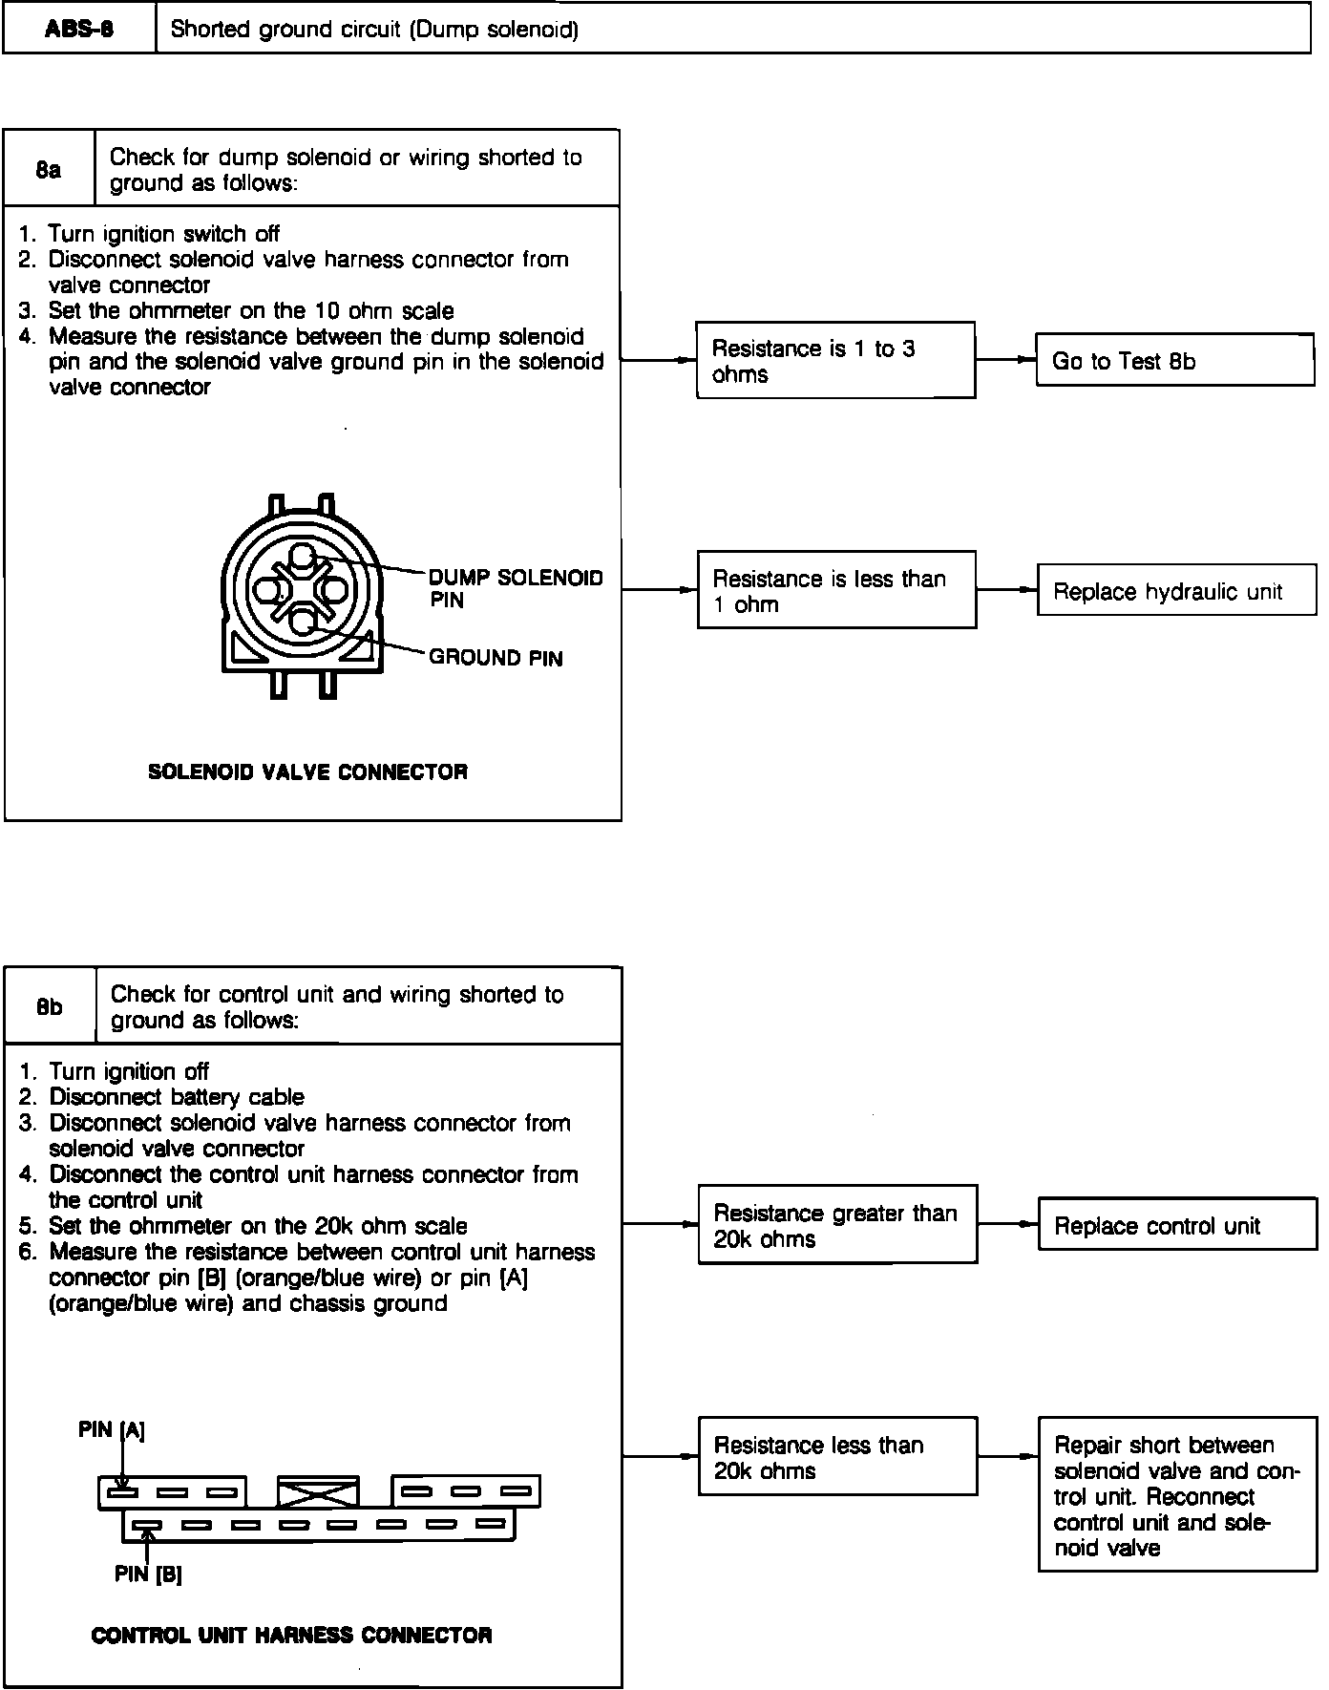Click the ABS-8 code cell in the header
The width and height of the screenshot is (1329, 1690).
79,29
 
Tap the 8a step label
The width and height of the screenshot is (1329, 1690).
49,170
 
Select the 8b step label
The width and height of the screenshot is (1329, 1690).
50,1007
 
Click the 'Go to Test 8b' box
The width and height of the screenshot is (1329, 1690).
1174,361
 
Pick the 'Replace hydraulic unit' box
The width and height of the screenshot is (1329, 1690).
1175,591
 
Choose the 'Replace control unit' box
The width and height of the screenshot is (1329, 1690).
1176,1226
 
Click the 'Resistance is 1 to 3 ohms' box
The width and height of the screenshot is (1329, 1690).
835,361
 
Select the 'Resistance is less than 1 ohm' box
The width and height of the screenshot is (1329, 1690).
836,590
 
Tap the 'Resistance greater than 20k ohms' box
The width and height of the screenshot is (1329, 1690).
837,1226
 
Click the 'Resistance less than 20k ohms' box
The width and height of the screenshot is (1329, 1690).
837,1457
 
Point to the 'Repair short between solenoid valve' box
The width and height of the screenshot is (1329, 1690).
1176,1495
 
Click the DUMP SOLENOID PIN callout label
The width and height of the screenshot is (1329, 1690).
516,588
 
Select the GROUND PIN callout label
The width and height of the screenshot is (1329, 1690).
496,658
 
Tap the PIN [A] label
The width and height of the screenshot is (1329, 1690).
112,1429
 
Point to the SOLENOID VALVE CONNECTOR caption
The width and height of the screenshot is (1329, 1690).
307,771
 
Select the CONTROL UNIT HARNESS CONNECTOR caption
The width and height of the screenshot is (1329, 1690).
291,1636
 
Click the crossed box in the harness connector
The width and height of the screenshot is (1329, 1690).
318,1491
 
